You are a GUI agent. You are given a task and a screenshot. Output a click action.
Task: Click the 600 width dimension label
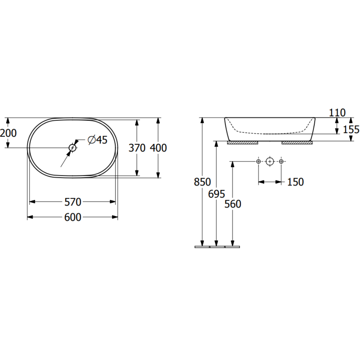click(x=73, y=217)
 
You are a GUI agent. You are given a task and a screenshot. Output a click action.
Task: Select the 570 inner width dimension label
click(x=73, y=202)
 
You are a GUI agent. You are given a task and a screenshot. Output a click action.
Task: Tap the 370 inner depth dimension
click(x=137, y=148)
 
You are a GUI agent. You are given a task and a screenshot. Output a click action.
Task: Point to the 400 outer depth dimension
click(x=158, y=148)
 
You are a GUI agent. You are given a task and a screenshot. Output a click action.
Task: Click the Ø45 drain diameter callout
click(x=98, y=140)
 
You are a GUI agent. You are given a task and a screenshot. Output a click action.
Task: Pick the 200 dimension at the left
click(x=8, y=133)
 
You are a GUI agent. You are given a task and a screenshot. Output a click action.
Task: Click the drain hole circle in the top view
click(x=73, y=148)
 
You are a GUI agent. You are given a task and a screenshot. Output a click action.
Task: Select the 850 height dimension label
click(x=202, y=182)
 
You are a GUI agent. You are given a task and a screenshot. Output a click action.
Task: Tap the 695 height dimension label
click(x=216, y=194)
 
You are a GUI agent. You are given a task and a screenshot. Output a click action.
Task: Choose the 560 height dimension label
click(x=233, y=204)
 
